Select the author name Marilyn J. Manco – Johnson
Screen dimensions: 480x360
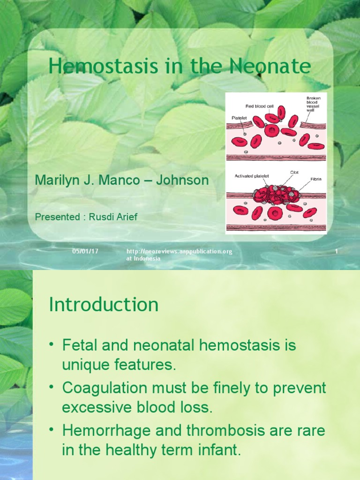tap(122, 180)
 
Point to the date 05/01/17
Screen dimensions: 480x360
tap(85, 252)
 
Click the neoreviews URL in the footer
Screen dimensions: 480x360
tap(180, 252)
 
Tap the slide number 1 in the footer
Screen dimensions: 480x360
tap(336, 252)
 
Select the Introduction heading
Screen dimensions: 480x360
tap(104, 305)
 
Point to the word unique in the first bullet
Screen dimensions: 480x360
tap(83, 366)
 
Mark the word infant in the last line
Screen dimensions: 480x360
tap(220, 450)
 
